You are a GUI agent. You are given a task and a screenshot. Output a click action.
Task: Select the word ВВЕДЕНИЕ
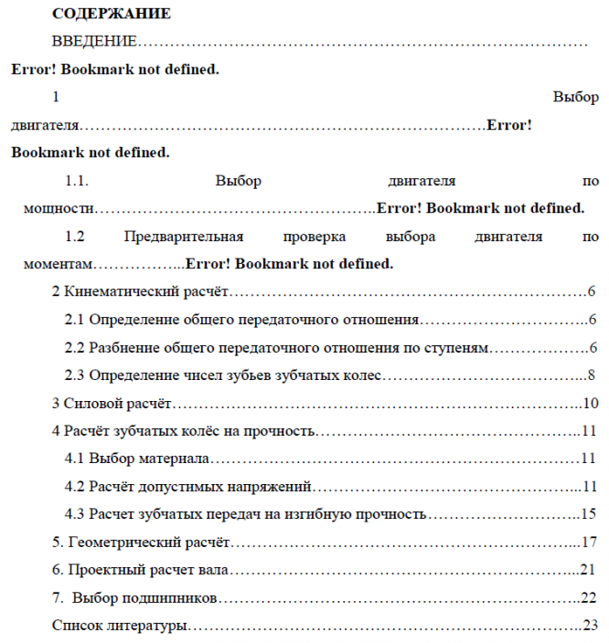tap(95, 42)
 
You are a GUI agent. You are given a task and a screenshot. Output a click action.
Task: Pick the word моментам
tap(59, 265)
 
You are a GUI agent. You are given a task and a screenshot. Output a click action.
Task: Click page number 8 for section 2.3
tap(593, 375)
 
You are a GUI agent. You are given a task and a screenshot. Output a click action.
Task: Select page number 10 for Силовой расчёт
tap(591, 403)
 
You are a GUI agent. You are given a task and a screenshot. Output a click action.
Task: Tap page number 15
tap(589, 513)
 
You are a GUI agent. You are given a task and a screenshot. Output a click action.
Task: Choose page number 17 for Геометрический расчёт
tap(589, 543)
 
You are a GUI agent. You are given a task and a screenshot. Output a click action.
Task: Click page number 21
tap(589, 570)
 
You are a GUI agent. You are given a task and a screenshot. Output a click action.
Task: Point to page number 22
tap(589, 598)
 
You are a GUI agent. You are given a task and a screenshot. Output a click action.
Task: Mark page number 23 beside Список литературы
tap(591, 626)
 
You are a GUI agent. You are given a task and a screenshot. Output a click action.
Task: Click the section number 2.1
tap(74, 320)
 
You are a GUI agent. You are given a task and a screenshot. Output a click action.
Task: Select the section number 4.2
tap(74, 486)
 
